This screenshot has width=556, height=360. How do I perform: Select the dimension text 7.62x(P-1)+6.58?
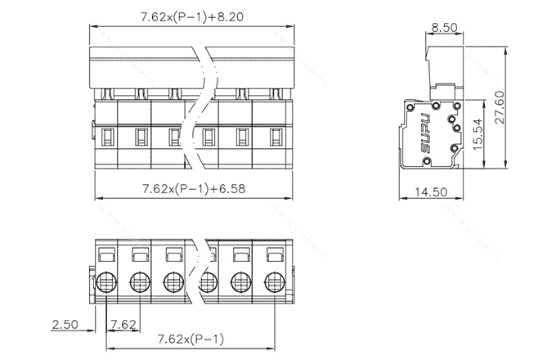click(x=194, y=188)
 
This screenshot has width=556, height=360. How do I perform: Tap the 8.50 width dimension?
click(x=444, y=26)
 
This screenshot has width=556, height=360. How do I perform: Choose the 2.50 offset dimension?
click(x=65, y=324)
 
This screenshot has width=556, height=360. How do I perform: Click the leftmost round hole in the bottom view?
click(x=106, y=284)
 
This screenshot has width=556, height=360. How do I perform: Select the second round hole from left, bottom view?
click(x=140, y=284)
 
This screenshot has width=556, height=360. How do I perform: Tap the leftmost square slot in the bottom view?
click(x=106, y=256)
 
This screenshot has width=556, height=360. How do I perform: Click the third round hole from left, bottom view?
click(x=173, y=284)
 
